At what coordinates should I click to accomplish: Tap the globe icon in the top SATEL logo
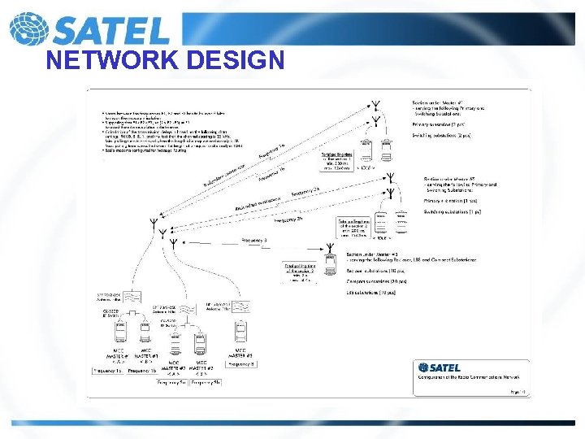coord(27,28)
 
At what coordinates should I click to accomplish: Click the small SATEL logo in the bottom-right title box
coord(439,368)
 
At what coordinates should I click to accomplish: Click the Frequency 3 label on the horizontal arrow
coord(253,241)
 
